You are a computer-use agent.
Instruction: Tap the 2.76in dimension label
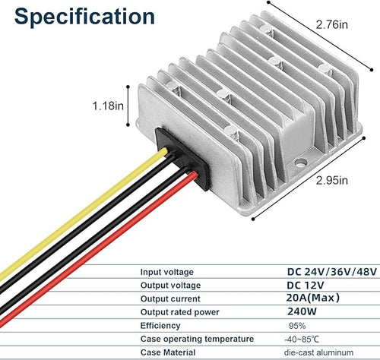click(x=332, y=24)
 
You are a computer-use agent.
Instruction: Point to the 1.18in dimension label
click(x=108, y=106)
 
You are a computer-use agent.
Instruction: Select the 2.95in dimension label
click(x=332, y=181)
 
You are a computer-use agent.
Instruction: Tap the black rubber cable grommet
click(x=183, y=159)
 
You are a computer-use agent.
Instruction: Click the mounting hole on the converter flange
click(x=301, y=163)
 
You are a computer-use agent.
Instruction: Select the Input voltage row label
click(x=167, y=272)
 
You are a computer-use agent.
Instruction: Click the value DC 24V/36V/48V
click(x=332, y=272)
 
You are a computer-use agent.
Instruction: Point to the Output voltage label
click(x=170, y=286)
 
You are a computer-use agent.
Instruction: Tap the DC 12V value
click(x=306, y=286)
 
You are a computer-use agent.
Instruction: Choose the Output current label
click(x=170, y=298)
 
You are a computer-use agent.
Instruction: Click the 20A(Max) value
click(x=312, y=298)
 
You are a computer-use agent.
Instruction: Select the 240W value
click(x=302, y=311)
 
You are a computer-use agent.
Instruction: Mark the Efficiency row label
click(x=160, y=326)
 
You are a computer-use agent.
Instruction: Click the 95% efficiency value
click(x=297, y=326)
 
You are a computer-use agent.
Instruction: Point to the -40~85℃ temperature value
click(x=302, y=339)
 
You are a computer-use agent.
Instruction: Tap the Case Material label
click(x=168, y=352)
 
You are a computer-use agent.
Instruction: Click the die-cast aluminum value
click(x=318, y=352)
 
